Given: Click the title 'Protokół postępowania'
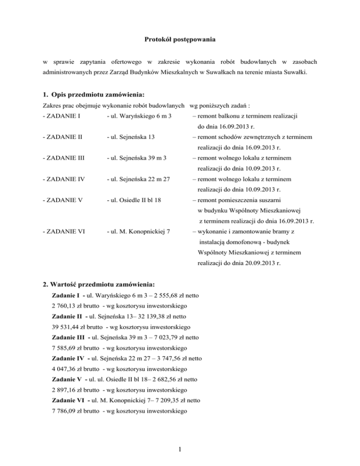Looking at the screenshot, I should pyautogui.click(x=180, y=40).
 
